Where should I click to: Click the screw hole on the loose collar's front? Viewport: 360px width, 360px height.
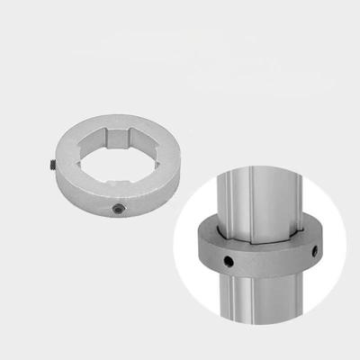pos(117,208)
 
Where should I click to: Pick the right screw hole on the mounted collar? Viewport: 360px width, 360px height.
pos(314,250)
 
